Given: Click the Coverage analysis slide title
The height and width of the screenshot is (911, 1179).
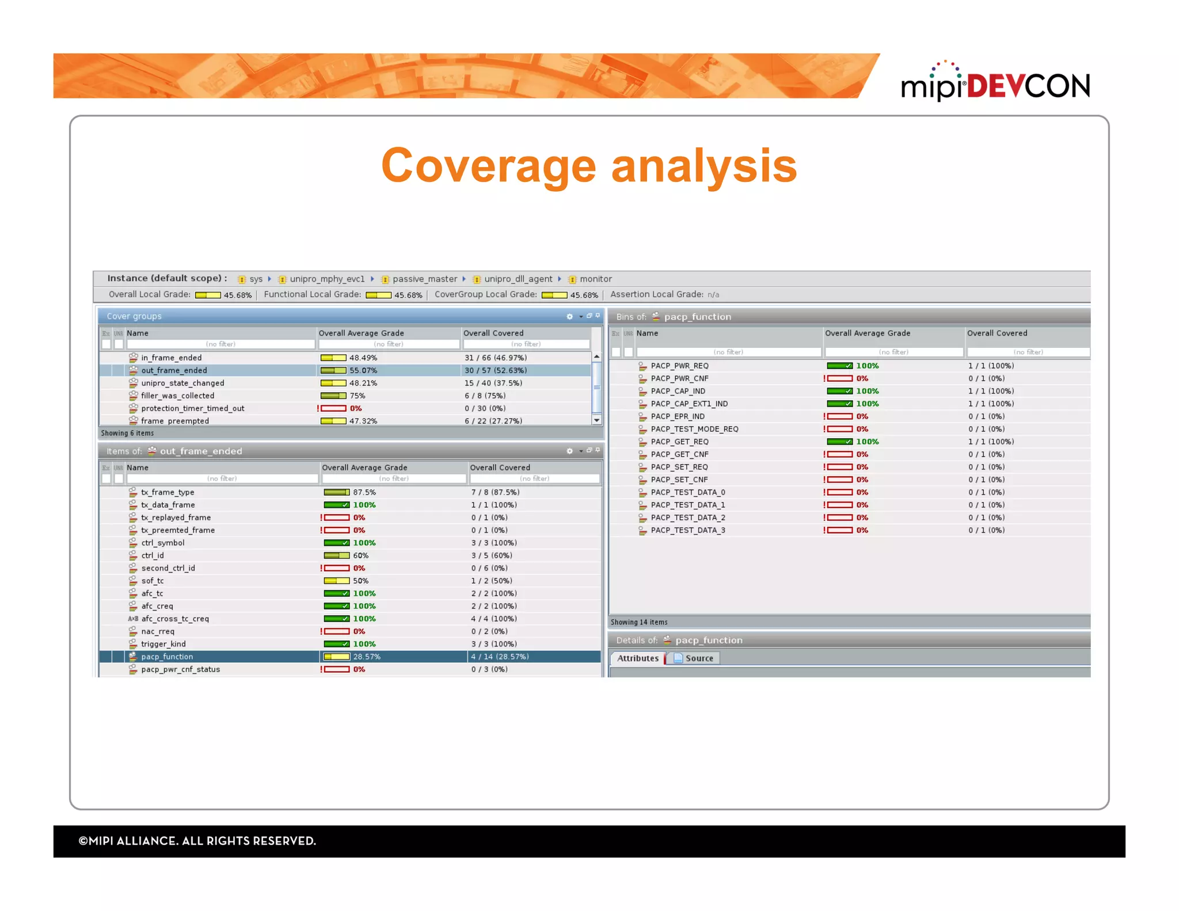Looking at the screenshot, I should point(588,166).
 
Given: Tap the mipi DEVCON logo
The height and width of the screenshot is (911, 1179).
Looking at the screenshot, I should point(995,84).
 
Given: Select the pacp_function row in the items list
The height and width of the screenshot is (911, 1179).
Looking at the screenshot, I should point(167,656).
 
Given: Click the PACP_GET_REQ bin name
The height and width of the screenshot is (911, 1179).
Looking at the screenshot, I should point(679,442).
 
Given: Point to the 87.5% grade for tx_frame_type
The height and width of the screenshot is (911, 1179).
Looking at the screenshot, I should point(364,492).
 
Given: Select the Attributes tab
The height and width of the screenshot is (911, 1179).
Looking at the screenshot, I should point(637,658).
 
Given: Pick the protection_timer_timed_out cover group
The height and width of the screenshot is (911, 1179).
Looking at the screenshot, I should point(192,408).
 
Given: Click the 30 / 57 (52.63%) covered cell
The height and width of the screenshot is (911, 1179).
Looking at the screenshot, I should point(495,370).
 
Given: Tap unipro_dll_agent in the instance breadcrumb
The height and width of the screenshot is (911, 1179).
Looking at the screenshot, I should point(518,279).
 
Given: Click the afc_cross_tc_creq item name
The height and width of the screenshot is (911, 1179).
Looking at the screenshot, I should point(175,618).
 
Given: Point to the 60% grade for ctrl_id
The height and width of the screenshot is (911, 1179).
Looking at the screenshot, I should point(360,556).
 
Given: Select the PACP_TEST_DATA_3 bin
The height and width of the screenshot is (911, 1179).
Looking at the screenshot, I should point(687,530).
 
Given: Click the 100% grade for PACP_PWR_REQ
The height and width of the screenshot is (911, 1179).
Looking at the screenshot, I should point(867,366).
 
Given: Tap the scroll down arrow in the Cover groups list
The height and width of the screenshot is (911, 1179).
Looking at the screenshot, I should point(597,420).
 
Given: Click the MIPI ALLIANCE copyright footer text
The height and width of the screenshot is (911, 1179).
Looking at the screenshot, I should point(197,841).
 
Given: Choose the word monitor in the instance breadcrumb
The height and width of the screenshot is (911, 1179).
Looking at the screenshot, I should point(595,279).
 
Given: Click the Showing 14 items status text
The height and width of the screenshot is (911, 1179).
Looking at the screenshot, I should point(638,622).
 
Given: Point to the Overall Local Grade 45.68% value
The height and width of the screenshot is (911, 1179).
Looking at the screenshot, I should point(237,295).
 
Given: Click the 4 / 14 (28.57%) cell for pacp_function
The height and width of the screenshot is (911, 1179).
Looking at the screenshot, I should point(500,656).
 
